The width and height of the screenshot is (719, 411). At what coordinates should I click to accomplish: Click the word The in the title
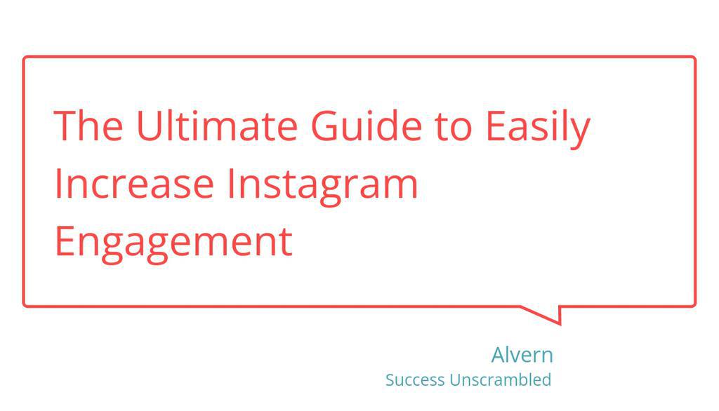(88, 126)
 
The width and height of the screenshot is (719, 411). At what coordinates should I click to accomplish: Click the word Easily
(537, 127)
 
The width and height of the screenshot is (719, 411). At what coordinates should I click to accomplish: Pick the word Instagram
(322, 184)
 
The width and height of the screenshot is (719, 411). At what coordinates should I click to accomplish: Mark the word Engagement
(173, 242)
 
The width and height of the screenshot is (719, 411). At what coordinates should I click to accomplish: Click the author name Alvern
(522, 355)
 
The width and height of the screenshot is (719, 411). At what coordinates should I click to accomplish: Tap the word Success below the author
(415, 380)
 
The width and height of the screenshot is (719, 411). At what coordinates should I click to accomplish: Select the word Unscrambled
(500, 380)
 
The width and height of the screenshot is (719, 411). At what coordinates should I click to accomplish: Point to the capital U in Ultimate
(149, 126)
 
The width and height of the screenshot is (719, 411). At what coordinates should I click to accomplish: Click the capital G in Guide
(326, 126)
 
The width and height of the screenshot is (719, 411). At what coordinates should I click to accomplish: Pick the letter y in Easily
(581, 131)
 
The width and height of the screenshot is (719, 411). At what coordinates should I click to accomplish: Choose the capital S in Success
(390, 380)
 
